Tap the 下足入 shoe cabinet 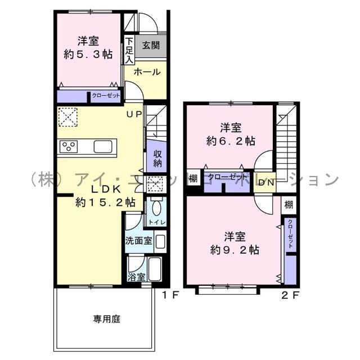coord(129,49)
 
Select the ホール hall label coord(147,72)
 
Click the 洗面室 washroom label coord(138,241)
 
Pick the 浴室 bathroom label coord(137,277)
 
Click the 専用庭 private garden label coord(107,319)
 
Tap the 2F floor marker coord(290,295)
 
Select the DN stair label coord(265,182)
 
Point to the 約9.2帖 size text coord(235,249)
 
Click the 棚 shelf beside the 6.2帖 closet coord(193,179)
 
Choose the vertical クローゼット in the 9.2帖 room coord(290,235)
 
